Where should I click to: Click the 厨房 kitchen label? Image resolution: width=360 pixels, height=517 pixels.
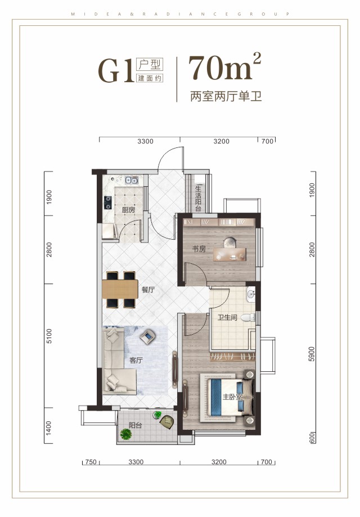[128, 210]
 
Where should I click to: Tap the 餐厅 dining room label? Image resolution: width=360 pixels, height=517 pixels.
[148, 290]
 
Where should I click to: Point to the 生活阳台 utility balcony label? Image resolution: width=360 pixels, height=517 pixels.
[198, 198]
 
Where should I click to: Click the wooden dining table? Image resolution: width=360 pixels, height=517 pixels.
[121, 289]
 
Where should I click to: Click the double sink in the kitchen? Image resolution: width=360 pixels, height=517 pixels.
[132, 181]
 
